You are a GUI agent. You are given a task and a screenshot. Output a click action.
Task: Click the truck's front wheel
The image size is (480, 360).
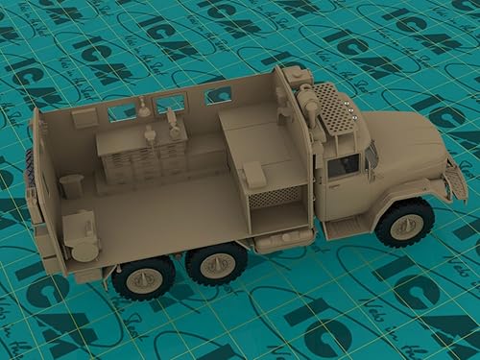coord(404,223)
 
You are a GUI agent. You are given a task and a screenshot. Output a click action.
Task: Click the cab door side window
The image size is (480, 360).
coord(343,166)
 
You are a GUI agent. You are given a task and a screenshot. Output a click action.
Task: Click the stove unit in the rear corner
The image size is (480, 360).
coord(81,236)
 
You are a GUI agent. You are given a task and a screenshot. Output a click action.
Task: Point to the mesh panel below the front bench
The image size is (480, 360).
coord(277,197)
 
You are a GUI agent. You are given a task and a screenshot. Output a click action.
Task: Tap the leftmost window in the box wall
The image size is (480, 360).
coord(121,112)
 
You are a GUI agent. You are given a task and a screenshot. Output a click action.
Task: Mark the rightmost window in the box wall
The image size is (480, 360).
coord(218,95)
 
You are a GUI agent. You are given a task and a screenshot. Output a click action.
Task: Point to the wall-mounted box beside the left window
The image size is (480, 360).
coord(84,118)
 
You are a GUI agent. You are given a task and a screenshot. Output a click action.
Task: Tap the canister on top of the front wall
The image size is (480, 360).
coord(299,75)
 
